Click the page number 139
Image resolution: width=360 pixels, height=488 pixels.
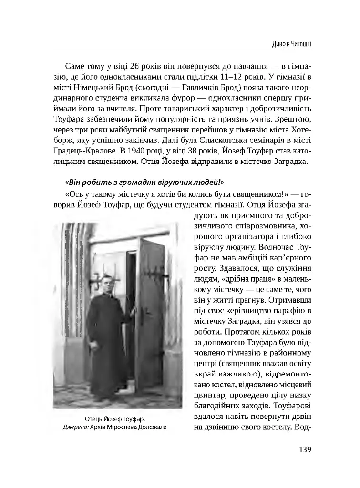(x=304, y=449)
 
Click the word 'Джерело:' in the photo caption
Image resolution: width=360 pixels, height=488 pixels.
(x=76, y=427)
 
